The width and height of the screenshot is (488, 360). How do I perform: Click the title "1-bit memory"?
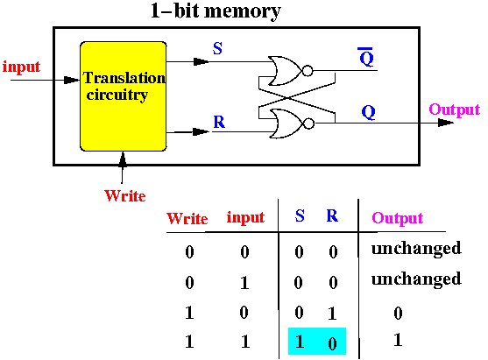216,11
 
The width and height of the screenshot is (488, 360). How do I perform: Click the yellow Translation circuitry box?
124,96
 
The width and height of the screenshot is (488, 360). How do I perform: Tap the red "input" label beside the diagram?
22,67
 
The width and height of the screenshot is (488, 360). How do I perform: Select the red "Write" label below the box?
125,195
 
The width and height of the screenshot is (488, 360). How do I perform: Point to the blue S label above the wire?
217,48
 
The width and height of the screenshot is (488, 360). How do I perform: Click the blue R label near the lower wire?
219,122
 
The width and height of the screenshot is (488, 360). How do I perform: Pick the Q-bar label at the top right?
366,57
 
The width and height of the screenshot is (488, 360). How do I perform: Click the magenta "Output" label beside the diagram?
455,109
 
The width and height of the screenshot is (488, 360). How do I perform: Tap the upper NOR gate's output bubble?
308,71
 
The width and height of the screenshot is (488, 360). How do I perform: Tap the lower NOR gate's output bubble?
308,124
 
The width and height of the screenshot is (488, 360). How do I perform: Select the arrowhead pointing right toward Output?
446,123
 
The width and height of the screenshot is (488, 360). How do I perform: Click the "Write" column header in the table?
187,218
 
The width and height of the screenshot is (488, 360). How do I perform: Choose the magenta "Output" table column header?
398,218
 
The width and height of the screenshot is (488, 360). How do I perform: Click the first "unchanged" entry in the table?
416,248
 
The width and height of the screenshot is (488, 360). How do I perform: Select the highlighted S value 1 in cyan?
300,342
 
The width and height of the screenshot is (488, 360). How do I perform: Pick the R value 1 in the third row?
332,313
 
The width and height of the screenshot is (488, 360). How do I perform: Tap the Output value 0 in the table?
398,313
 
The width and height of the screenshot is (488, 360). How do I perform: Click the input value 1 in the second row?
244,283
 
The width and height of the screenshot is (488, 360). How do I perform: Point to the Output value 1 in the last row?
398,340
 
